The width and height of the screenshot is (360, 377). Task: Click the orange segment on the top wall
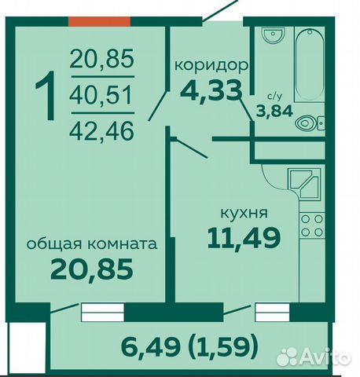click(x=100, y=22)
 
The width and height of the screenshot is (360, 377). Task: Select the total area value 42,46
click(x=102, y=131)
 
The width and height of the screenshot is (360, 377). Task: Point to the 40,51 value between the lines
click(x=101, y=95)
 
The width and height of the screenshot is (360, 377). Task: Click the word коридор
click(x=211, y=65)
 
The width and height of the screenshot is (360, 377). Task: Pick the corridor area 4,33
click(x=211, y=91)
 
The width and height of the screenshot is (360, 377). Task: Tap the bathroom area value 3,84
click(x=274, y=112)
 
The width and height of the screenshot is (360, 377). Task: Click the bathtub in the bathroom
click(x=309, y=64)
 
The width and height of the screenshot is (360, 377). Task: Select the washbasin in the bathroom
click(x=274, y=35)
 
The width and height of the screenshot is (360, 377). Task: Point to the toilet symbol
click(x=310, y=123)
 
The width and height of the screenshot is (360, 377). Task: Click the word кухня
click(x=244, y=213)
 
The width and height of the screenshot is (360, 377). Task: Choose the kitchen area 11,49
click(x=244, y=238)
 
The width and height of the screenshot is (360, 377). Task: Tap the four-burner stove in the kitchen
click(x=312, y=225)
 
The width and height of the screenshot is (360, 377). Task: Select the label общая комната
click(x=92, y=244)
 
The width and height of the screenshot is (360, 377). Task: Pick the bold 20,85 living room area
click(x=92, y=269)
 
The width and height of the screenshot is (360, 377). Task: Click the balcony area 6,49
click(x=151, y=347)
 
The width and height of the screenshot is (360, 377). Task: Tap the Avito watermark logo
click(x=314, y=357)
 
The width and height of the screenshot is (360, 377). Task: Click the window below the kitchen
click(x=273, y=312)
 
